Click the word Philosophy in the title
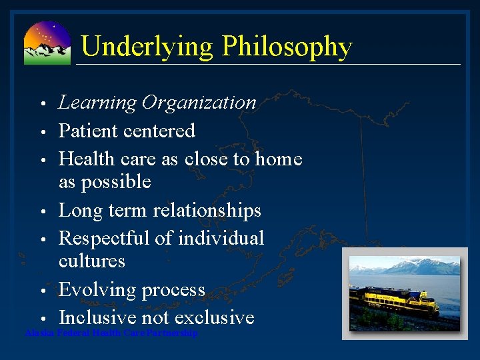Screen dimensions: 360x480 point(287,47)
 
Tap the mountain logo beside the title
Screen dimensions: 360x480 point(47,43)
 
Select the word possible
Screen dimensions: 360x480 point(115,182)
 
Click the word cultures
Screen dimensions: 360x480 point(92,261)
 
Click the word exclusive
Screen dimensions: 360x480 point(215,317)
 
